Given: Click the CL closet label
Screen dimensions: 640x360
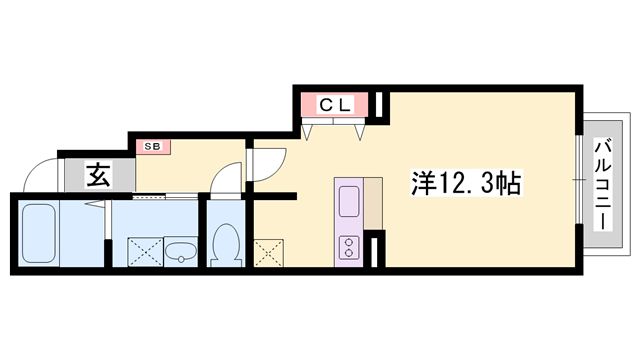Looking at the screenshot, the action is (x=335, y=106).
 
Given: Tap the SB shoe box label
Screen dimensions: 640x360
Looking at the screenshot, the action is (x=153, y=146).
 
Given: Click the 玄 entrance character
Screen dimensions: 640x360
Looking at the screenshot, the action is (x=99, y=175).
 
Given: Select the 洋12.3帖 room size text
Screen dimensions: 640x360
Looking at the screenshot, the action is (x=466, y=182).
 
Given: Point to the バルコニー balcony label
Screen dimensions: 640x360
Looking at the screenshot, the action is (x=604, y=185).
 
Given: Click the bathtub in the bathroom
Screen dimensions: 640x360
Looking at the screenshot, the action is (x=38, y=233).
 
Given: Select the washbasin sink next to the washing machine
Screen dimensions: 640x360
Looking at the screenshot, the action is (x=181, y=251).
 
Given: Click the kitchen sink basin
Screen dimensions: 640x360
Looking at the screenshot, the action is (x=349, y=201).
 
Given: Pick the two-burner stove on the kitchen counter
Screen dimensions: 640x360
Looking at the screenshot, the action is (x=349, y=248).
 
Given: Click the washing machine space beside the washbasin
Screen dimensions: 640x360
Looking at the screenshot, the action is (x=145, y=252).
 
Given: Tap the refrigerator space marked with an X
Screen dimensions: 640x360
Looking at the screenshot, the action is (x=269, y=253).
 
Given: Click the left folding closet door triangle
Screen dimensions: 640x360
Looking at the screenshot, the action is (x=307, y=131).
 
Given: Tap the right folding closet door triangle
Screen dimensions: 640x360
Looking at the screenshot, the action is (x=359, y=131).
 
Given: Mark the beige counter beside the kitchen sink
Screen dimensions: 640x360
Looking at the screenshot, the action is (x=373, y=203).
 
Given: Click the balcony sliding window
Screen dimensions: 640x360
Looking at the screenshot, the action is (x=579, y=180).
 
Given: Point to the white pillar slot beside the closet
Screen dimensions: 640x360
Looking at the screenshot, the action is (x=379, y=104).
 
